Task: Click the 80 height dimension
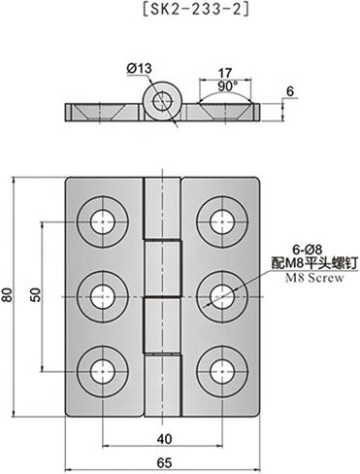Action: [x=10, y=295]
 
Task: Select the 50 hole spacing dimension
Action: [x=36, y=294]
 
